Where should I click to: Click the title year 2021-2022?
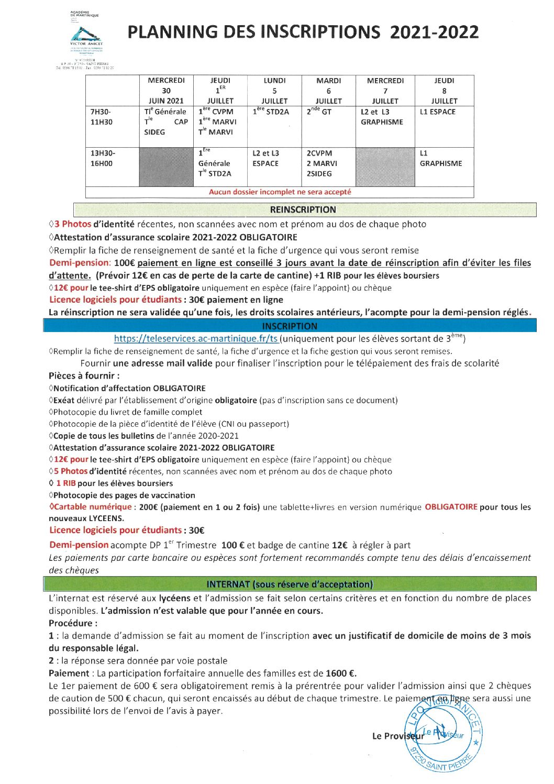tap(434, 32)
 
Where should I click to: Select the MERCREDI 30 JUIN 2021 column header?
tap(166, 91)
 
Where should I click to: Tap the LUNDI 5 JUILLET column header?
tap(274, 91)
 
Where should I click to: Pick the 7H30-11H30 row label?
tap(101, 117)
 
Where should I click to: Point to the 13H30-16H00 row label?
tap(103, 158)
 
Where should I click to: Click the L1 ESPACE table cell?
tap(438, 112)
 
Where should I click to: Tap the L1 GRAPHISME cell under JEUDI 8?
tap(440, 159)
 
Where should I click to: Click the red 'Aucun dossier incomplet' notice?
tap(280, 192)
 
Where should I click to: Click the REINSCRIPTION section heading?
tap(303, 210)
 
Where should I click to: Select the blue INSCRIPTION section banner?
tap(290, 326)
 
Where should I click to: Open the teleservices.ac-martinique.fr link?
tap(196, 339)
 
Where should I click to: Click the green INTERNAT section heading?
tap(290, 584)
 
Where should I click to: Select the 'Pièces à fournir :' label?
tap(84, 376)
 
